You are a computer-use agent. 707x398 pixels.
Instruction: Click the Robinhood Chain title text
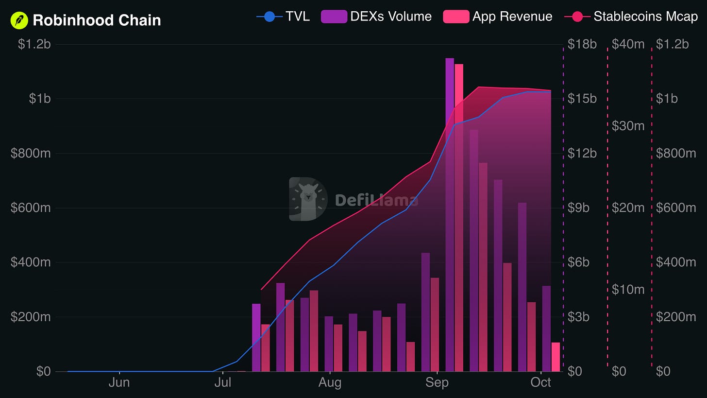pos(97,20)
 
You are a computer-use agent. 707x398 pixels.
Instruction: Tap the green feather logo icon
pos(19,20)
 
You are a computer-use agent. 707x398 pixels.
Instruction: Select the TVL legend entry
pos(283,17)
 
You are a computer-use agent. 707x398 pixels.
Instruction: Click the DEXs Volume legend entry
pos(376,17)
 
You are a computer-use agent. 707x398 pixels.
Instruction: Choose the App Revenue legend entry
pos(498,17)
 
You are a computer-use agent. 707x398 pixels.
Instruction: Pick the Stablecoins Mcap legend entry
pos(631,17)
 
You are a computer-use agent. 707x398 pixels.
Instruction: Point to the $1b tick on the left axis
pos(40,99)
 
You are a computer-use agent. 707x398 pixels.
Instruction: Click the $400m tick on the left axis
pos(31,262)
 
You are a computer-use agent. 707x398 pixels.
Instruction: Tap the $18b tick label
pos(582,44)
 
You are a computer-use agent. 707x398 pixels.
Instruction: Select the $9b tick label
pos(578,208)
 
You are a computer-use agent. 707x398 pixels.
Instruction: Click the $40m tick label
pos(628,44)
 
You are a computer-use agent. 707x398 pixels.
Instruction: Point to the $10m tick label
pos(628,289)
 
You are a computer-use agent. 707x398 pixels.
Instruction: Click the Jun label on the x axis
pos(119,382)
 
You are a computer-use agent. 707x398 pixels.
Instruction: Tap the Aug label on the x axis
pos(330,382)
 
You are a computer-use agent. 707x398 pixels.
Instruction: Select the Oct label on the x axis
pos(540,382)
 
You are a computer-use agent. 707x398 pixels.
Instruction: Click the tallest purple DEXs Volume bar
pos(450,215)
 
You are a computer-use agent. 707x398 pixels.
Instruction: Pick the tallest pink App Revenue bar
pos(459,218)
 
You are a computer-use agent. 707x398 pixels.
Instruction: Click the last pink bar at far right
pos(555,357)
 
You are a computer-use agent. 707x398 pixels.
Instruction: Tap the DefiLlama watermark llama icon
pos(308,199)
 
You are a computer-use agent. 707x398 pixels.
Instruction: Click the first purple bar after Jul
pos(256,338)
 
